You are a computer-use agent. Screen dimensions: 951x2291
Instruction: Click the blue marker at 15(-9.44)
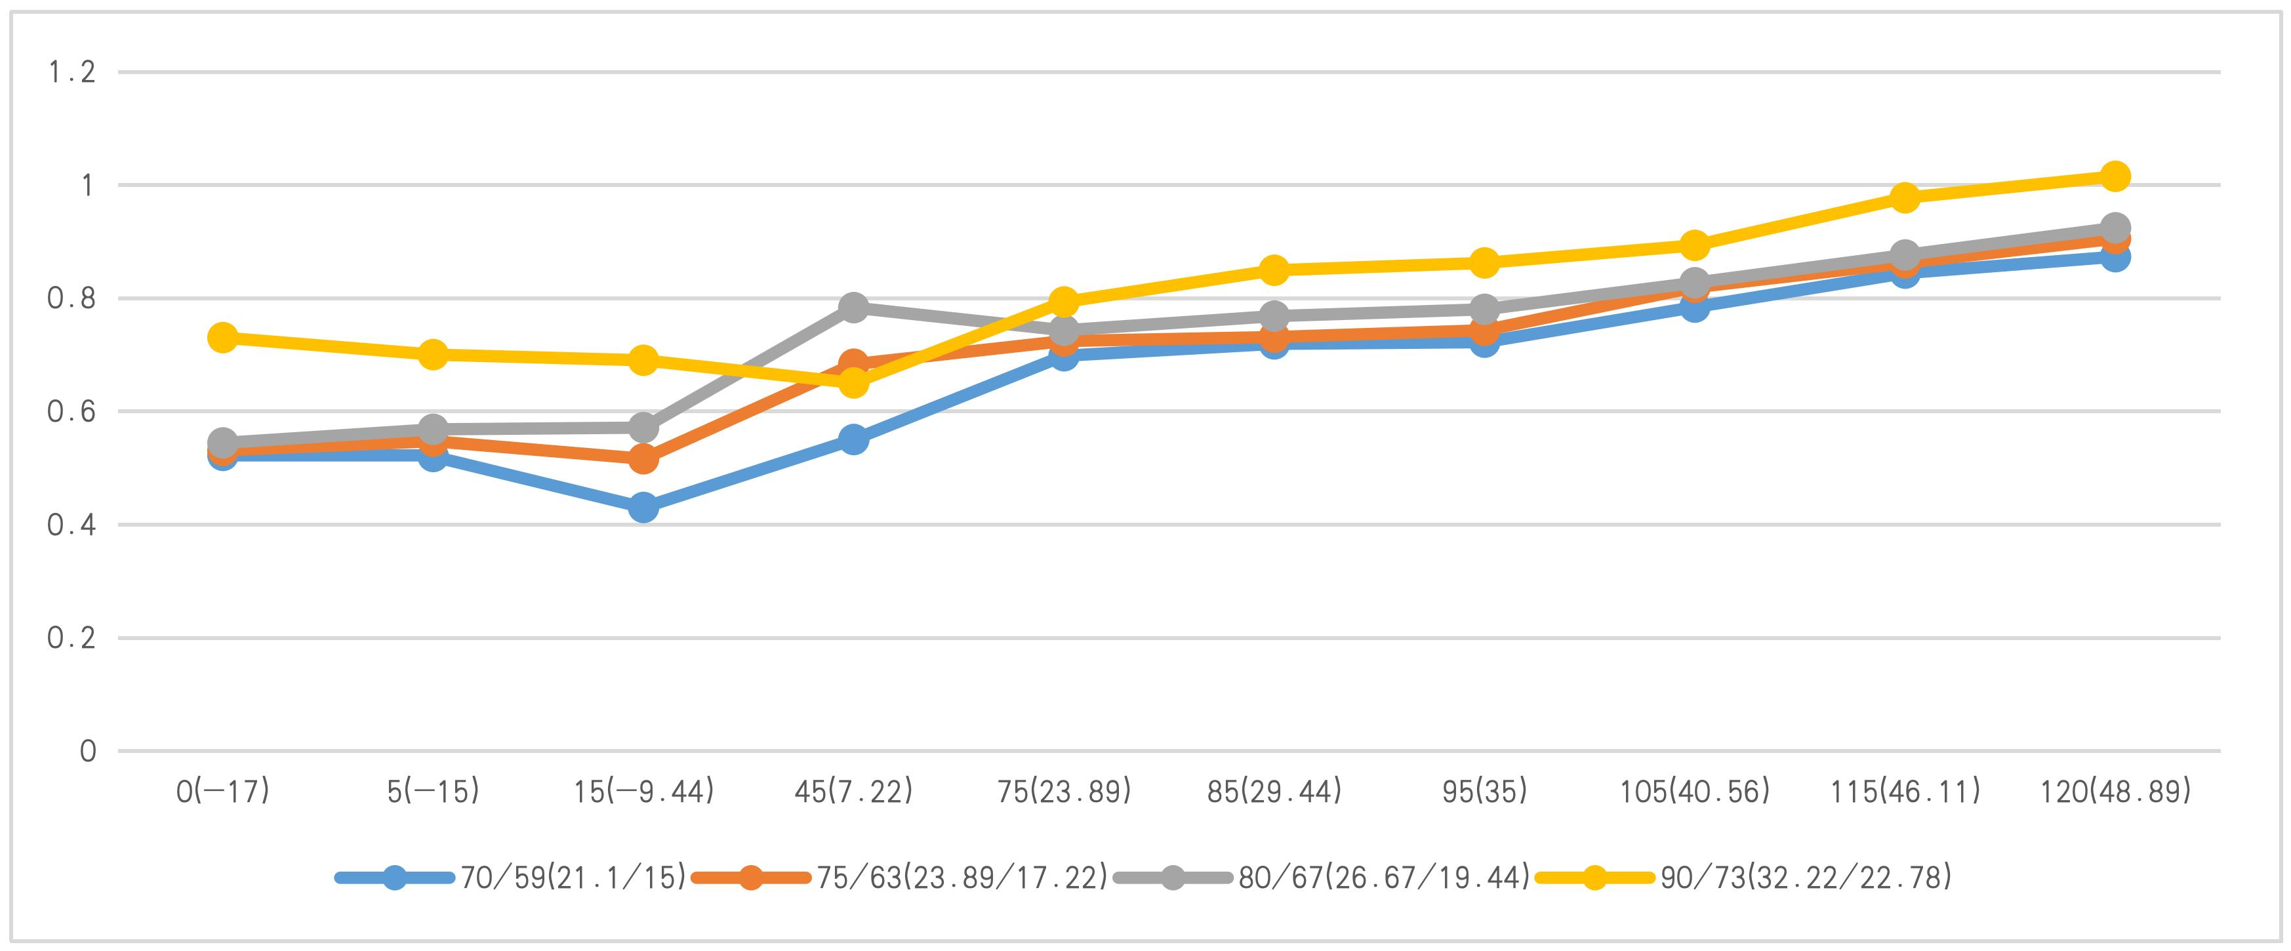coord(643,508)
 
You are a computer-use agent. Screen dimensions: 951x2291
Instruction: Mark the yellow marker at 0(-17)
coord(222,337)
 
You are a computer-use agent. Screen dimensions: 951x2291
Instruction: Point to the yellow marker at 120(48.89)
coord(2115,176)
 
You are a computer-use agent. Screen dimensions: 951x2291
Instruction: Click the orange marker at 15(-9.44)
coord(643,459)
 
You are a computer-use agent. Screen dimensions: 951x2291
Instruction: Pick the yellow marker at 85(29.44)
coord(1274,270)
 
